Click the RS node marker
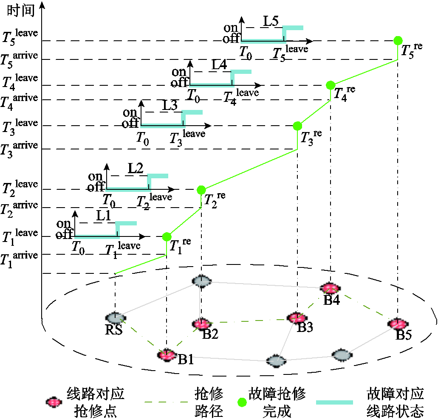[116, 318]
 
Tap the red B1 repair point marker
[167, 354]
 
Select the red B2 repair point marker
[201, 324]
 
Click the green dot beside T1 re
[167, 236]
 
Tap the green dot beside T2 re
[201, 189]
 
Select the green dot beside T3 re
[297, 126]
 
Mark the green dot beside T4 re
[331, 85]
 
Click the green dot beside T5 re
[398, 41]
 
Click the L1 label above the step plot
[103, 216]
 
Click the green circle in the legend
[242, 402]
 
